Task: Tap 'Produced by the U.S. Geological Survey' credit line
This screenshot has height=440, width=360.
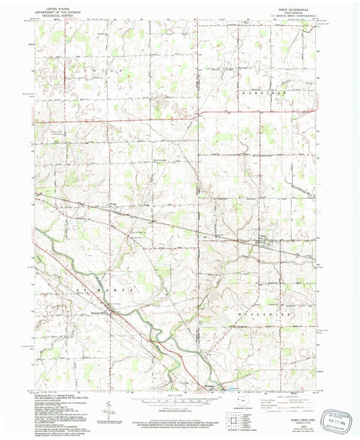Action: pos(61,395)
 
